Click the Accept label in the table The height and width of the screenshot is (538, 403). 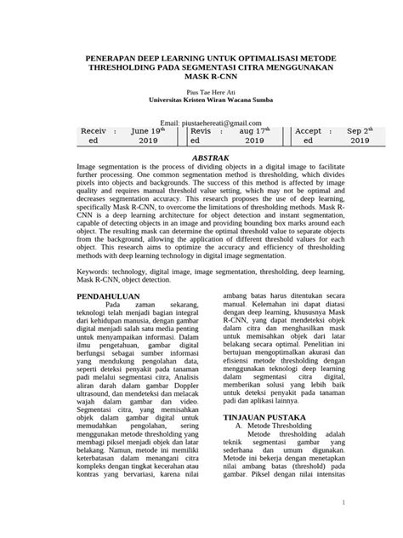(308, 131)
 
